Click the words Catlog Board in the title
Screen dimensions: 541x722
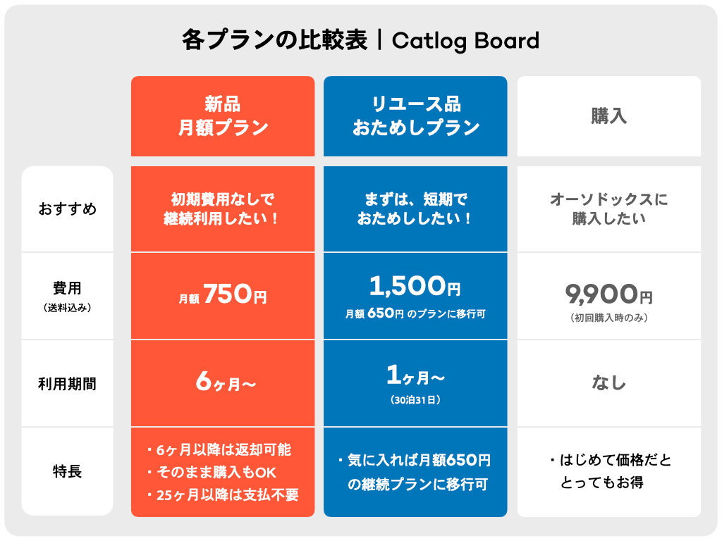pyautogui.click(x=465, y=41)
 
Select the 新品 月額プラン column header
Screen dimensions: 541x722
pyautogui.click(x=223, y=116)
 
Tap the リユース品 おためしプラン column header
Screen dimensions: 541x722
pyautogui.click(x=415, y=116)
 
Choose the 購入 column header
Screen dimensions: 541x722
pyautogui.click(x=609, y=116)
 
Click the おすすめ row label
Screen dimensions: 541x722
pyautogui.click(x=68, y=209)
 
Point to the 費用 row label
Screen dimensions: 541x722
pyautogui.click(x=68, y=288)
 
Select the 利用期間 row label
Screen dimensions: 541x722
pyautogui.click(x=68, y=384)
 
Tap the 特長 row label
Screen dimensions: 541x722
pyautogui.click(x=68, y=471)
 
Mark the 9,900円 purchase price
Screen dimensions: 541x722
pyautogui.click(x=608, y=293)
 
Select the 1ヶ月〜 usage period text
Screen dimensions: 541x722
pyautogui.click(x=415, y=378)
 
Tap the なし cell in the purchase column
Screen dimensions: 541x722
pyautogui.click(x=609, y=383)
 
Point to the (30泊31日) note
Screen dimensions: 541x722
pyautogui.click(x=415, y=400)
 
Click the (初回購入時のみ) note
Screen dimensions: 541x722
pyautogui.click(x=609, y=318)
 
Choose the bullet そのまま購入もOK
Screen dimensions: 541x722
pyautogui.click(x=223, y=472)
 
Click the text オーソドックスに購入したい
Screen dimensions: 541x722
pyautogui.click(x=609, y=209)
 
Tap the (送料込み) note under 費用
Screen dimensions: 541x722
pyautogui.click(x=68, y=307)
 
